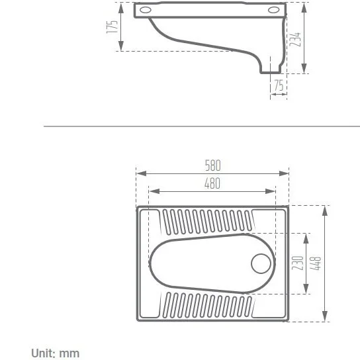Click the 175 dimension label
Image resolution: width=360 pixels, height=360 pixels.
coord(112,27)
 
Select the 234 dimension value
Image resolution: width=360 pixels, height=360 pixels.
coord(295,40)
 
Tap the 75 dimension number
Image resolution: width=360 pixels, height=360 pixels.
coord(279,85)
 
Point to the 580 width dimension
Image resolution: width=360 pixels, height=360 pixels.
coord(213,165)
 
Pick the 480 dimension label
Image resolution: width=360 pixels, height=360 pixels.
coord(212,183)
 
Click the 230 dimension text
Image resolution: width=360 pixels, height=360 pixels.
coord(298,263)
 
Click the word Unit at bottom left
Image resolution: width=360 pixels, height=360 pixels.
coord(43,353)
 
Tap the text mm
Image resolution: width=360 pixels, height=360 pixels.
coord(69,354)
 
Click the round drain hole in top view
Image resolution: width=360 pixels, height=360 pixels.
coord(261,263)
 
